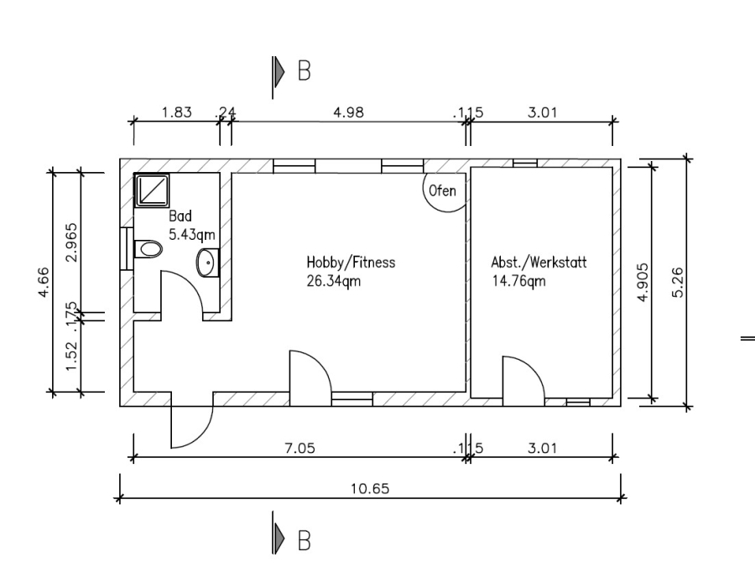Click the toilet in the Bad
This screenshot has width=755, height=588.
tap(148, 249)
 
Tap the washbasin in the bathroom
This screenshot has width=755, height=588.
tap(207, 263)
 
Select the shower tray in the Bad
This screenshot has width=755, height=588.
tap(152, 190)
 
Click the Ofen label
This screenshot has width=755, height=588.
tap(442, 190)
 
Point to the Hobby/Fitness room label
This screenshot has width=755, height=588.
tap(351, 263)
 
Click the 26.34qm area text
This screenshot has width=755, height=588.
tap(333, 280)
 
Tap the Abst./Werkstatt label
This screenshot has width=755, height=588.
tap(539, 263)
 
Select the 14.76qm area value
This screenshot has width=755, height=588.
tap(518, 280)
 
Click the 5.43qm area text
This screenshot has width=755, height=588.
tap(191, 235)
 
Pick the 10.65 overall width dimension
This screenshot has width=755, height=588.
tap(370, 489)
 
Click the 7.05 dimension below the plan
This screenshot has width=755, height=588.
tap(300, 449)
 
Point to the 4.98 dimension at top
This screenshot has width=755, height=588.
tap(349, 112)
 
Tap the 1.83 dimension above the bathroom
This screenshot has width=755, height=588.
tap(177, 112)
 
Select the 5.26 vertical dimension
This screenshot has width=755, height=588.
tap(677, 283)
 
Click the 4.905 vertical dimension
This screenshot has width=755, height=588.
tap(643, 283)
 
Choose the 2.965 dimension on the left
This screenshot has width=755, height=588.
tap(71, 242)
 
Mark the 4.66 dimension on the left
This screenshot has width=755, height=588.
tap(43, 283)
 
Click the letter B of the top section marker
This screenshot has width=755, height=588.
tap(305, 70)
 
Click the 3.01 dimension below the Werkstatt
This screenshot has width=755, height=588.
tap(542, 449)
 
